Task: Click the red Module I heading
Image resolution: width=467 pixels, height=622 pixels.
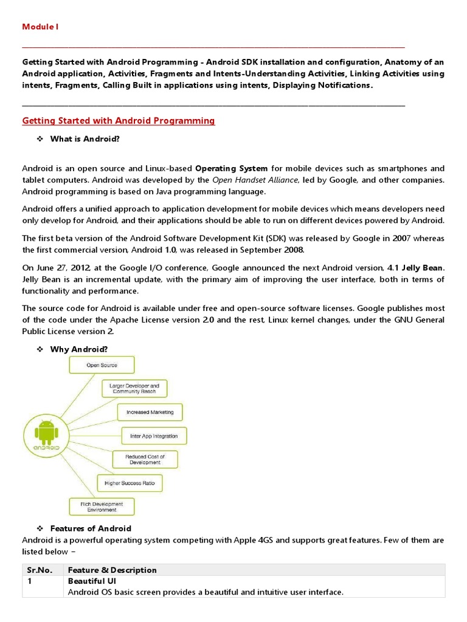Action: coord(40,27)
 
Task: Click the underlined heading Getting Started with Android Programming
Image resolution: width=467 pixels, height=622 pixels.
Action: coord(119,121)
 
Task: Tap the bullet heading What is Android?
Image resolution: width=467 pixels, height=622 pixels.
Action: coord(85,139)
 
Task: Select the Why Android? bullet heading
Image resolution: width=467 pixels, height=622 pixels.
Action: coord(78,349)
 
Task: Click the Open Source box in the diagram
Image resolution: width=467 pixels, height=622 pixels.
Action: coord(102,365)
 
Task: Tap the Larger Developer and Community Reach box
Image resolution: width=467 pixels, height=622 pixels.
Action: coord(134,389)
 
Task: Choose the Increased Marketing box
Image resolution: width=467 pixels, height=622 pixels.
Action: coord(150,412)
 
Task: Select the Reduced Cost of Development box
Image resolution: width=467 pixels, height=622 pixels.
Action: coord(144,459)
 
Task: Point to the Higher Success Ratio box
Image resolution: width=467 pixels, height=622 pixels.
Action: coord(130,484)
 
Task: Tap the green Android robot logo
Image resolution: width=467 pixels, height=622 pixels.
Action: coord(47,435)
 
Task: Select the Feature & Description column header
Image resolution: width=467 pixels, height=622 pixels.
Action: coord(112,570)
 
